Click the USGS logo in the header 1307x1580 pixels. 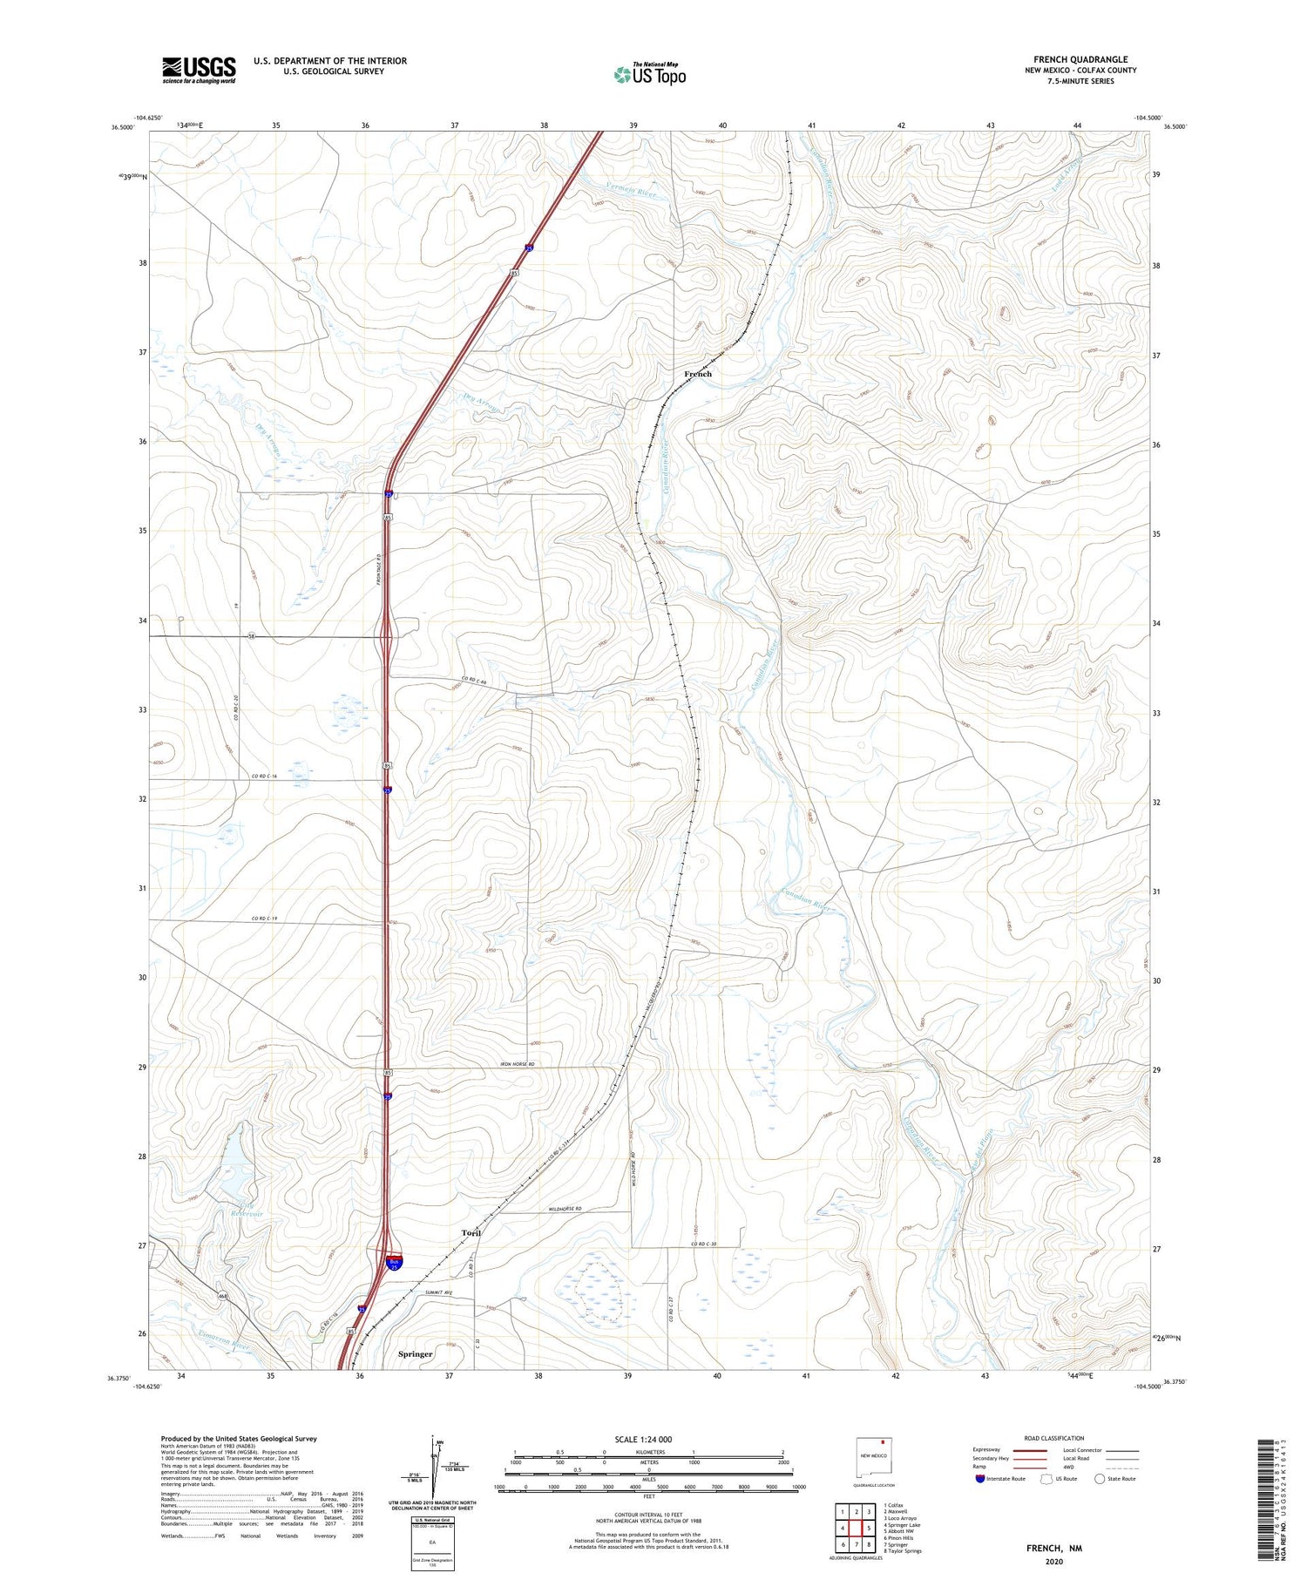pyautogui.click(x=199, y=70)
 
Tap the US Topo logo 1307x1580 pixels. pyautogui.click(x=649, y=75)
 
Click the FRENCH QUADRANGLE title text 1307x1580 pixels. pyautogui.click(x=1080, y=59)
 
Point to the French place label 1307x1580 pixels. pyautogui.click(x=698, y=374)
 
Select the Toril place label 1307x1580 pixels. pyautogui.click(x=471, y=1233)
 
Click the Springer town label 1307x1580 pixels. pyautogui.click(x=415, y=1353)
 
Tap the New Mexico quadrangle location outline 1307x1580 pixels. pyautogui.click(x=874, y=1456)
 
